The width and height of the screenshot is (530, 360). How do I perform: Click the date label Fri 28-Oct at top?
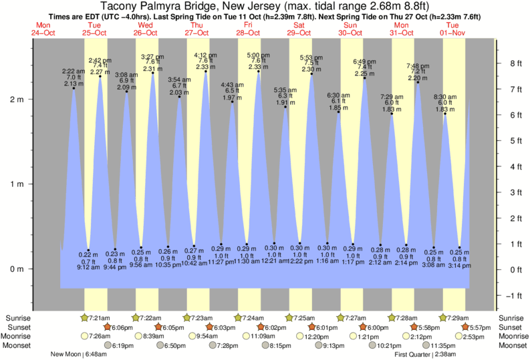click(248, 28)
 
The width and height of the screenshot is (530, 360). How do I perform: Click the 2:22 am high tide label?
click(74, 71)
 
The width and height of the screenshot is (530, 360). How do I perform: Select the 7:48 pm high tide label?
click(418, 65)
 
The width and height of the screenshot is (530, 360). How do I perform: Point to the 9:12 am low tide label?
click(88, 266)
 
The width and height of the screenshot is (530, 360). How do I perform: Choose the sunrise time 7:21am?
click(99, 318)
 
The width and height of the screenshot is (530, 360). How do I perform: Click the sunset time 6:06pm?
click(124, 327)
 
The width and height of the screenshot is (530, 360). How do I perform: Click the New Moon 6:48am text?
click(78, 355)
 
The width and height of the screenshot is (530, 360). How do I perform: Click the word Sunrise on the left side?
click(17, 318)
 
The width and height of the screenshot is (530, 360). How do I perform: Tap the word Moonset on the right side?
click(511, 345)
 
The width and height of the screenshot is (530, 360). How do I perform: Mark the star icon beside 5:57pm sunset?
click(465, 327)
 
